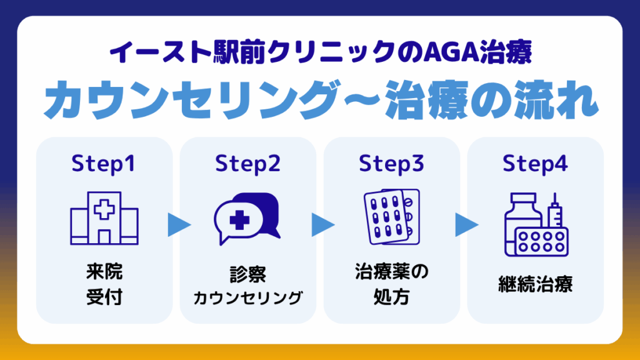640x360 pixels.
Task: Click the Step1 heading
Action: click(x=103, y=164)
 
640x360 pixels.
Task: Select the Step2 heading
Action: click(x=247, y=164)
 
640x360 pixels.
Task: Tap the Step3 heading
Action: click(x=391, y=164)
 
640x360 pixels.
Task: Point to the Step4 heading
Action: click(x=535, y=164)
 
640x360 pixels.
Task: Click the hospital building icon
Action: click(x=104, y=218)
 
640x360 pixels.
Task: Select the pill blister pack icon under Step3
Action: click(x=391, y=217)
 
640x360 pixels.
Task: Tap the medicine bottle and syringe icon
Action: click(x=536, y=224)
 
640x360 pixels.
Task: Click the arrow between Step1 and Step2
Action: click(x=179, y=224)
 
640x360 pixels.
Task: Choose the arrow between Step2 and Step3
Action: click(x=323, y=224)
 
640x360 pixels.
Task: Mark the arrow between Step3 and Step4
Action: click(x=466, y=224)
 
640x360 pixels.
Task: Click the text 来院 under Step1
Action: click(x=104, y=272)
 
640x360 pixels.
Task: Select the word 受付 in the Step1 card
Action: click(x=104, y=297)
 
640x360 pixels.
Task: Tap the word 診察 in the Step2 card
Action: click(x=247, y=274)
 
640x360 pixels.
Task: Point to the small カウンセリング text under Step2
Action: click(x=247, y=298)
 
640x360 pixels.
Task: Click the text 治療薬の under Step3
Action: click(x=391, y=272)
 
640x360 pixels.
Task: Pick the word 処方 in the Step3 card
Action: click(x=391, y=297)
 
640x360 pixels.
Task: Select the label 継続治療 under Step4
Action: click(x=535, y=284)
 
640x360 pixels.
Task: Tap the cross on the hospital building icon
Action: click(x=104, y=209)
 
